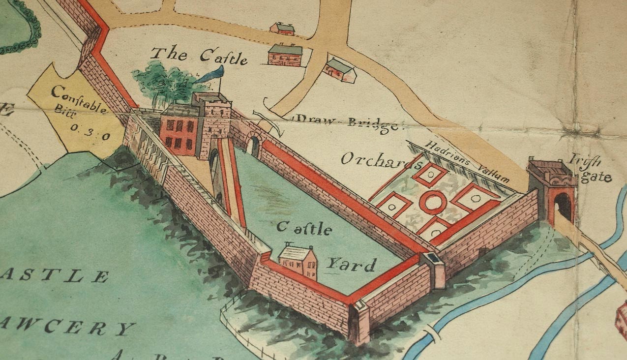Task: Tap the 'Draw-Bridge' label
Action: pyautogui.click(x=347, y=122)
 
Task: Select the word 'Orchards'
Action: pyautogui.click(x=376, y=160)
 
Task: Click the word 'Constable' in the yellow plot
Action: pyautogui.click(x=79, y=99)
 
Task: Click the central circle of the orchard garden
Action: pyautogui.click(x=433, y=202)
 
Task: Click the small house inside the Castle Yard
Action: pyautogui.click(x=298, y=261)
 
